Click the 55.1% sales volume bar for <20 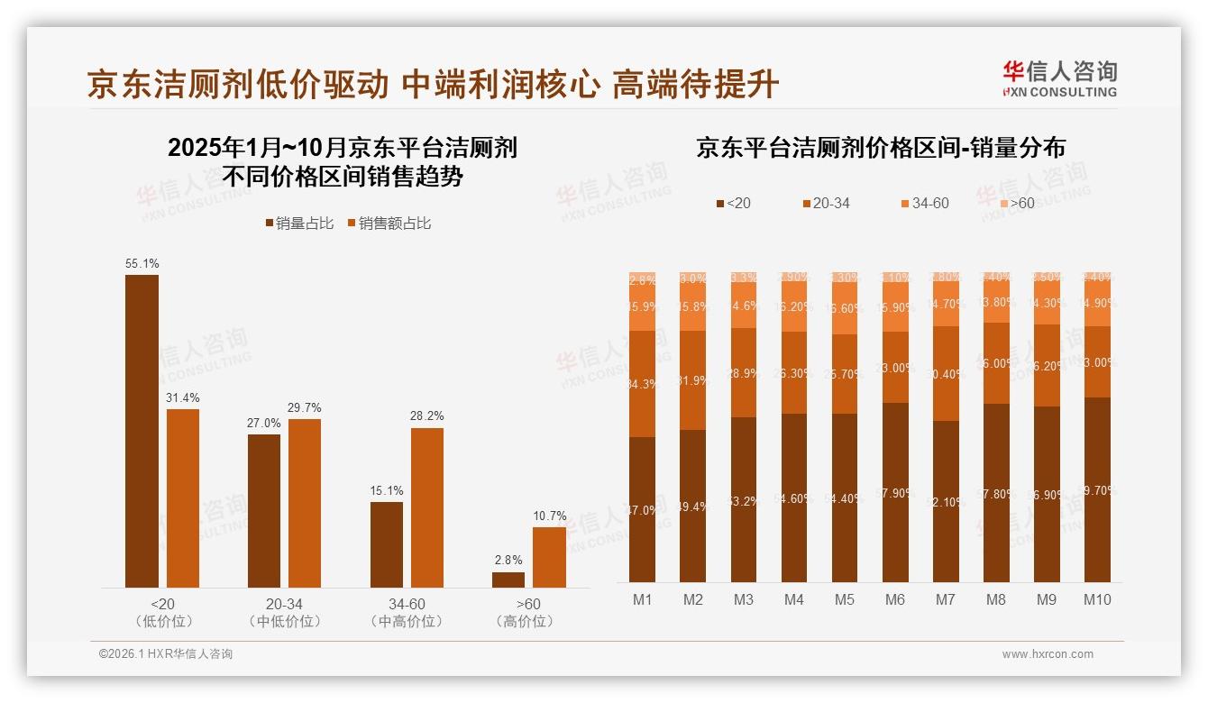coord(142,431)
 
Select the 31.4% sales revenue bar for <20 coord(183,498)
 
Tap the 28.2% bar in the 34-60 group coord(427,507)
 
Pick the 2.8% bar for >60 coord(508,580)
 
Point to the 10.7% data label coord(550,516)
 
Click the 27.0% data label coord(264,423)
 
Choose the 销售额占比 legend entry coord(389,223)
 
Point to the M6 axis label coord(894,600)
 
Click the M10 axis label coord(1097,600)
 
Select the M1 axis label coord(642,600)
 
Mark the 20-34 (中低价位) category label coord(284,612)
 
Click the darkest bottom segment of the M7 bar coord(946,501)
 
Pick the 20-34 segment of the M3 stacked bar coord(743,372)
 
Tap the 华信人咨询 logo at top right coord(1059,78)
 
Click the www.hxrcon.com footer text coord(1048,654)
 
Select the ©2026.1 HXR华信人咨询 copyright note coord(166,654)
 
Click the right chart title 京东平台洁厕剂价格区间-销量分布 coord(880,148)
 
